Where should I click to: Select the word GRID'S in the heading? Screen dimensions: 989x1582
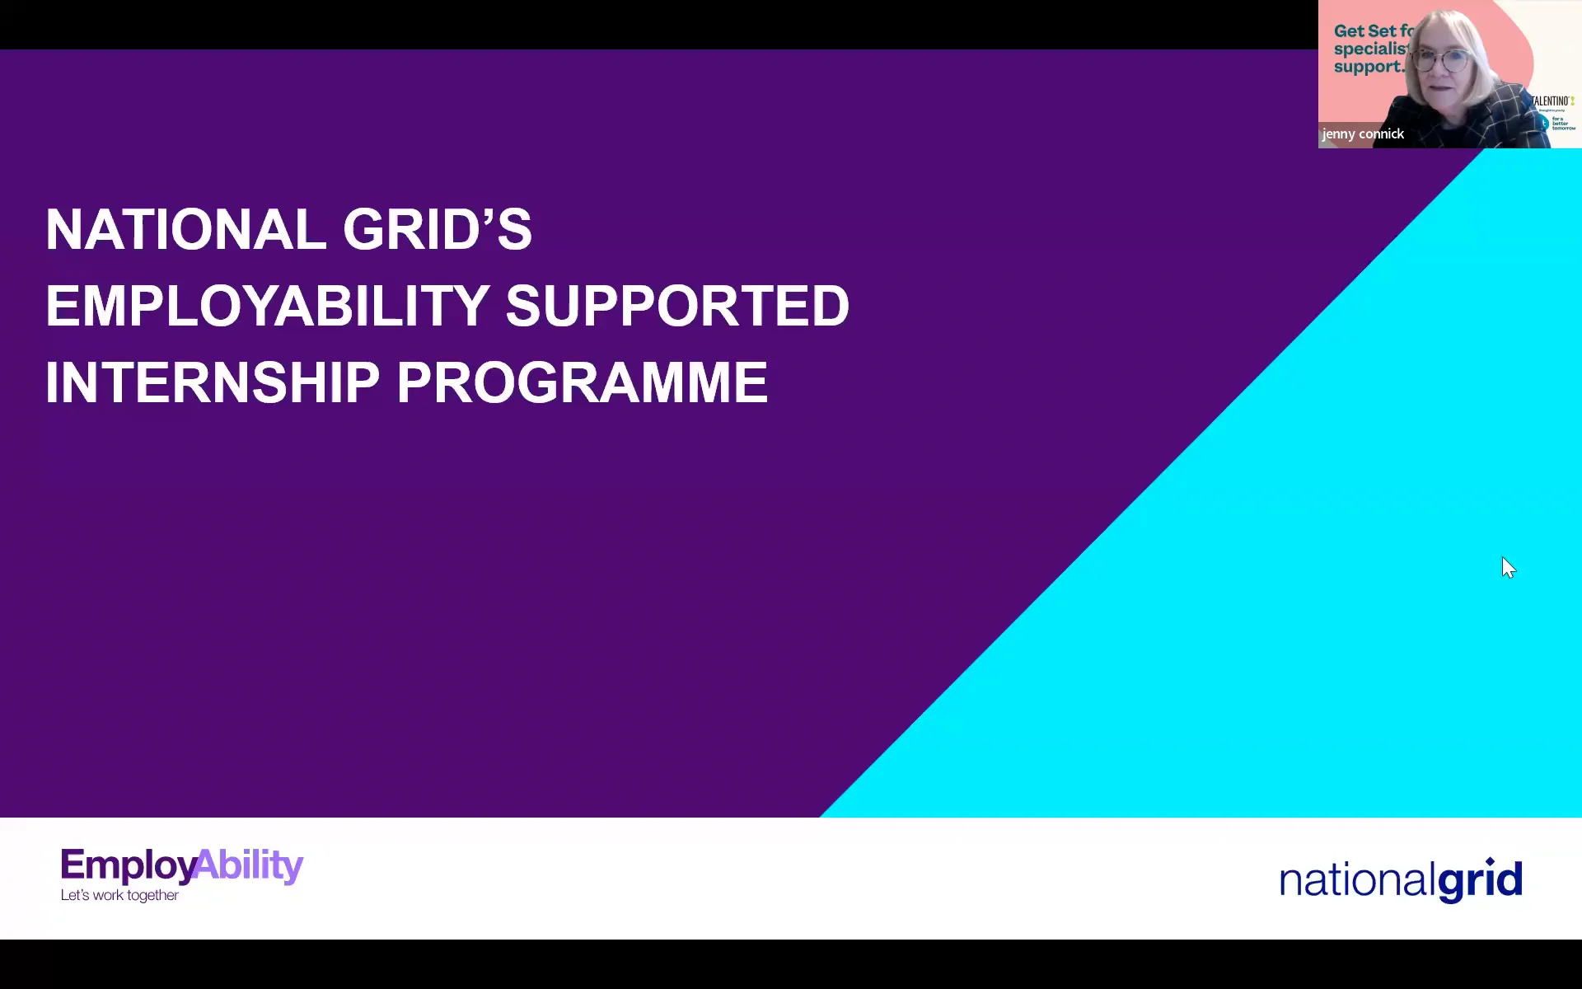coord(437,229)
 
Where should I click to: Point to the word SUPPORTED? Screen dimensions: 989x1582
coord(676,306)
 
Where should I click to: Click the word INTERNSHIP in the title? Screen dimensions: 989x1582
coord(212,382)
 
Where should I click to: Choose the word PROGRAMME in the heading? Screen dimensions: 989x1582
coord(582,382)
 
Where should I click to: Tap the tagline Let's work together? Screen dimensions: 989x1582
coord(119,896)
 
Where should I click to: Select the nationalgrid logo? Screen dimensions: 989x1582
coord(1400,880)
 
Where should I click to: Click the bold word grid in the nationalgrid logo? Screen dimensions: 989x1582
coord(1480,880)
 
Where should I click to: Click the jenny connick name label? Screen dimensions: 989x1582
coord(1363,134)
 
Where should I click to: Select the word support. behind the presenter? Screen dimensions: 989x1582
coord(1368,68)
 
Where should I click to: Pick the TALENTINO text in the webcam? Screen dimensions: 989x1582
coord(1552,101)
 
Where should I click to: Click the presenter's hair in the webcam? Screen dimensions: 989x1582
coord(1475,33)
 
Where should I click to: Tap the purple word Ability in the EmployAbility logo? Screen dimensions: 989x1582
coord(250,865)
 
